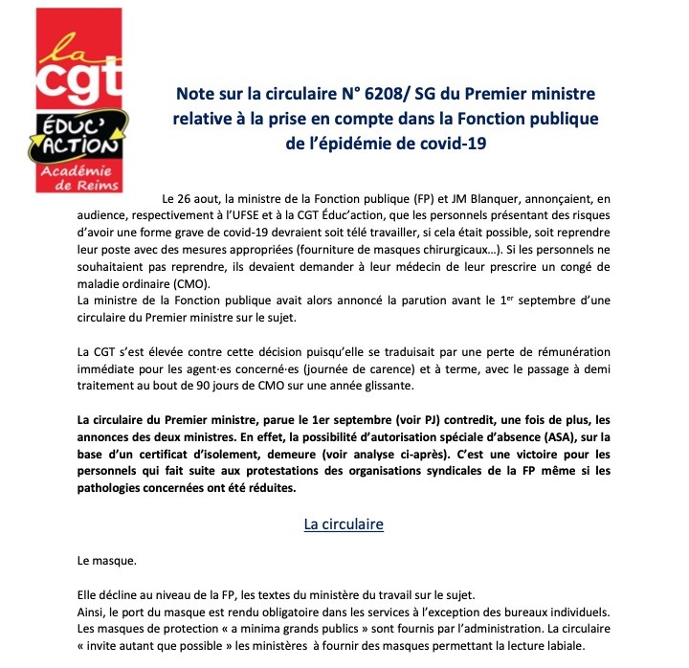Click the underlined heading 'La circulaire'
coord(344,523)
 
